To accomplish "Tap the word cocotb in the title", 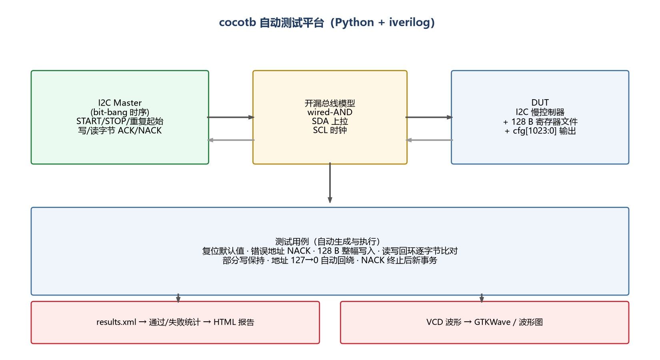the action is [x=238, y=22].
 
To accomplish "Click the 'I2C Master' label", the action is [x=120, y=103].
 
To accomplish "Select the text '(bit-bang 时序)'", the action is [x=120, y=112].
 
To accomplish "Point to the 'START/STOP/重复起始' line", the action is [x=120, y=121].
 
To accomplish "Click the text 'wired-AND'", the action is [x=330, y=112].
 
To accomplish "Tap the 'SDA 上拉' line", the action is [x=330, y=121].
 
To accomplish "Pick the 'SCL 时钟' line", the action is [x=330, y=130].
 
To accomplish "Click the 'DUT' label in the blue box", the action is [x=540, y=102].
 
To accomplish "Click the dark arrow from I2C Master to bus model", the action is [x=231, y=117].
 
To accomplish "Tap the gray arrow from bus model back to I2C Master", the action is [x=231, y=140].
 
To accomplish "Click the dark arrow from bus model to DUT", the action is [x=429, y=117].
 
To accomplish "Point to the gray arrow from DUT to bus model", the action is [x=429, y=140].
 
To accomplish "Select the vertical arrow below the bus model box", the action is [x=330, y=183].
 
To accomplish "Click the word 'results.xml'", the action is [x=116, y=322].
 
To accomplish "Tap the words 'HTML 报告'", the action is [x=234, y=322].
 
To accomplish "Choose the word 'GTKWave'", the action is [x=492, y=322].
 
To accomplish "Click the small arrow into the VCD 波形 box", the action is [x=482, y=298].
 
